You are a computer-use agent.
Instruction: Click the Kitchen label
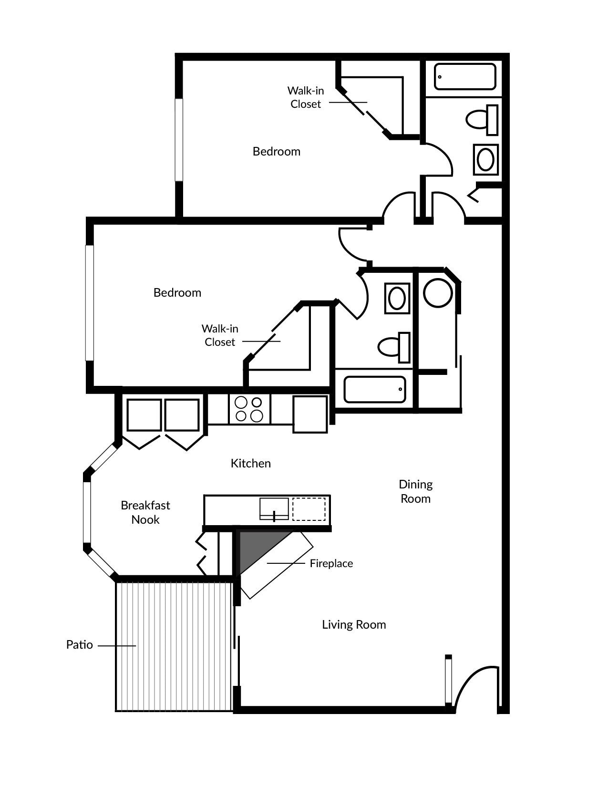[x=250, y=463]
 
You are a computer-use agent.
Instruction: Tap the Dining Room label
[x=415, y=491]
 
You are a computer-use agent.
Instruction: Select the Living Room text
[x=354, y=624]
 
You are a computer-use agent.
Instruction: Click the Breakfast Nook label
[x=145, y=512]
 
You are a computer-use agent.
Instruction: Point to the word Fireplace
[x=331, y=563]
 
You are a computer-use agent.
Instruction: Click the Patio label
[x=79, y=645]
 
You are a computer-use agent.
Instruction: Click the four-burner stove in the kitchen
[x=249, y=409]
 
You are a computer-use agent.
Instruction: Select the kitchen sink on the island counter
[x=274, y=509]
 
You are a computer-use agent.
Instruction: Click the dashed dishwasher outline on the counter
[x=309, y=509]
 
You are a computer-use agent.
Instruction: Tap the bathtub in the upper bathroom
[x=464, y=77]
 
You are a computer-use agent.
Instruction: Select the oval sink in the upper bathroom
[x=485, y=159]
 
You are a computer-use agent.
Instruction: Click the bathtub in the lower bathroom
[x=375, y=390]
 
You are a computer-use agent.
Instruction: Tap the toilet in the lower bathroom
[x=394, y=347]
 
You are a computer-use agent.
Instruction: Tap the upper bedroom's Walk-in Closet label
[x=305, y=97]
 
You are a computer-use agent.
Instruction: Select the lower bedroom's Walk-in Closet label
[x=219, y=335]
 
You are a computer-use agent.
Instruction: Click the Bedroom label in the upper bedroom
[x=276, y=151]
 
